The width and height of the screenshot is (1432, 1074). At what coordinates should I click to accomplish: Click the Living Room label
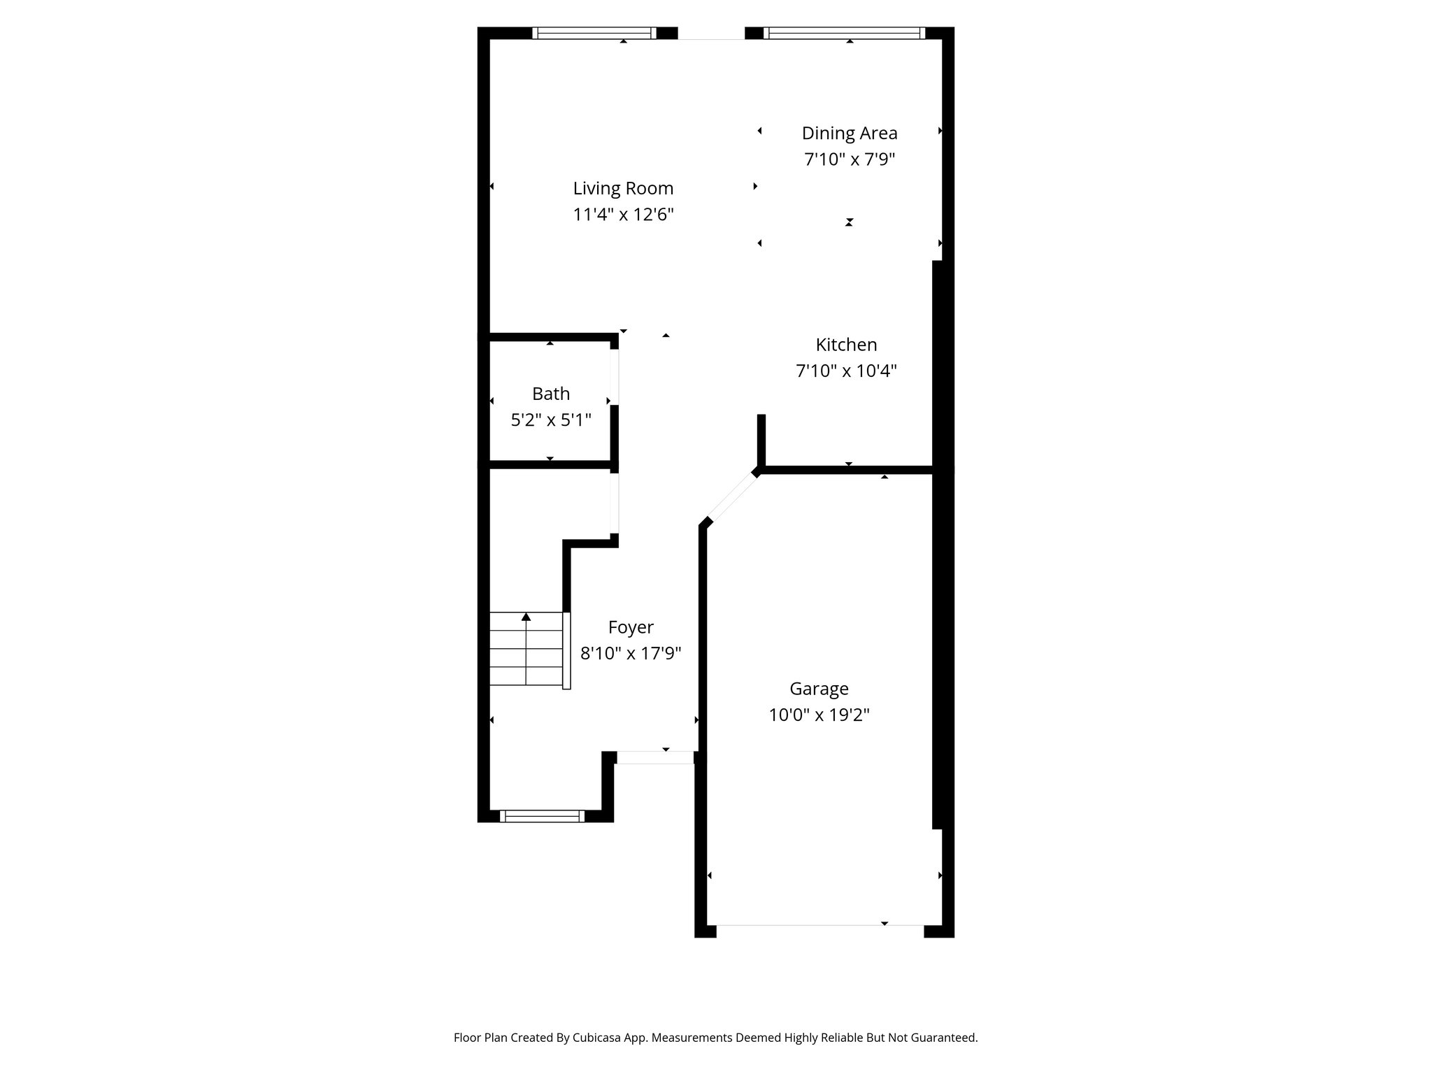pyautogui.click(x=623, y=188)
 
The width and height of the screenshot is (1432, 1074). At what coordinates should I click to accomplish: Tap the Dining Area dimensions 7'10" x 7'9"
pyautogui.click(x=850, y=159)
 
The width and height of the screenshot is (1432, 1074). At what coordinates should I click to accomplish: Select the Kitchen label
pyautogui.click(x=846, y=345)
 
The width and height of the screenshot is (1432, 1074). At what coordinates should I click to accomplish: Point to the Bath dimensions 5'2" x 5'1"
pyautogui.click(x=551, y=420)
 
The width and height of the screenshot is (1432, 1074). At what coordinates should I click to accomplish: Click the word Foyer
pyautogui.click(x=631, y=628)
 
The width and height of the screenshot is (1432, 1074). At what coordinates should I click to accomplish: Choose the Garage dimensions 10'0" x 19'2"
pyautogui.click(x=819, y=715)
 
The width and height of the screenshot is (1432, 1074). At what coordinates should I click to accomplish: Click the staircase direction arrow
pyautogui.click(x=526, y=617)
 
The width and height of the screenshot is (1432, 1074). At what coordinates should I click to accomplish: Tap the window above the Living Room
pyautogui.click(x=594, y=33)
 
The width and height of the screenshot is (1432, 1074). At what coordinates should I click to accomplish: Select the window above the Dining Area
pyautogui.click(x=844, y=33)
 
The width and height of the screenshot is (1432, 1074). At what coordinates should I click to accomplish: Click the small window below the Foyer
pyautogui.click(x=542, y=815)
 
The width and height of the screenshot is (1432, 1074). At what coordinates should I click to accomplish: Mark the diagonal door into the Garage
pyautogui.click(x=731, y=498)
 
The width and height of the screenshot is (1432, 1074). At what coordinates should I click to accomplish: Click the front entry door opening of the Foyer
pyautogui.click(x=654, y=757)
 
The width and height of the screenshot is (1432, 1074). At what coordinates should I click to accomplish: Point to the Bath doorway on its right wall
pyautogui.click(x=615, y=378)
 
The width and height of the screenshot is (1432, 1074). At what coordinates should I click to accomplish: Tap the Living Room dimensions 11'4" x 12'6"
pyautogui.click(x=623, y=215)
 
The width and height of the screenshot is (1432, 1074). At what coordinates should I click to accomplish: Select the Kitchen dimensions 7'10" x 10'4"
pyautogui.click(x=846, y=371)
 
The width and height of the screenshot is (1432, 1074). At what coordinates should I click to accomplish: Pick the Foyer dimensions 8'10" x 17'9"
pyautogui.click(x=631, y=654)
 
